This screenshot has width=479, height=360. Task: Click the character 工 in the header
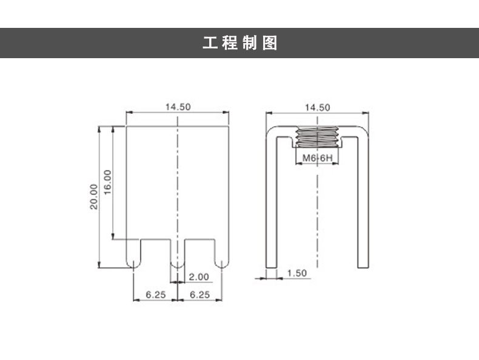210,44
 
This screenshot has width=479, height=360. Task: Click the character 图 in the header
270,44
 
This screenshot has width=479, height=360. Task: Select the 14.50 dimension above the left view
178,107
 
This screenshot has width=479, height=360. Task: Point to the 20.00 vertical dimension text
93,196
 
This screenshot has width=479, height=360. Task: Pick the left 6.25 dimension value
155,295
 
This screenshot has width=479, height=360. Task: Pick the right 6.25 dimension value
199,295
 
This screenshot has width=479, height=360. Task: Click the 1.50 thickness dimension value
296,273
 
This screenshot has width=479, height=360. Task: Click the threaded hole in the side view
318,138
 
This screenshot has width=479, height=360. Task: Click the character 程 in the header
229,44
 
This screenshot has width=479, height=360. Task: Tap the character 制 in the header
250,44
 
